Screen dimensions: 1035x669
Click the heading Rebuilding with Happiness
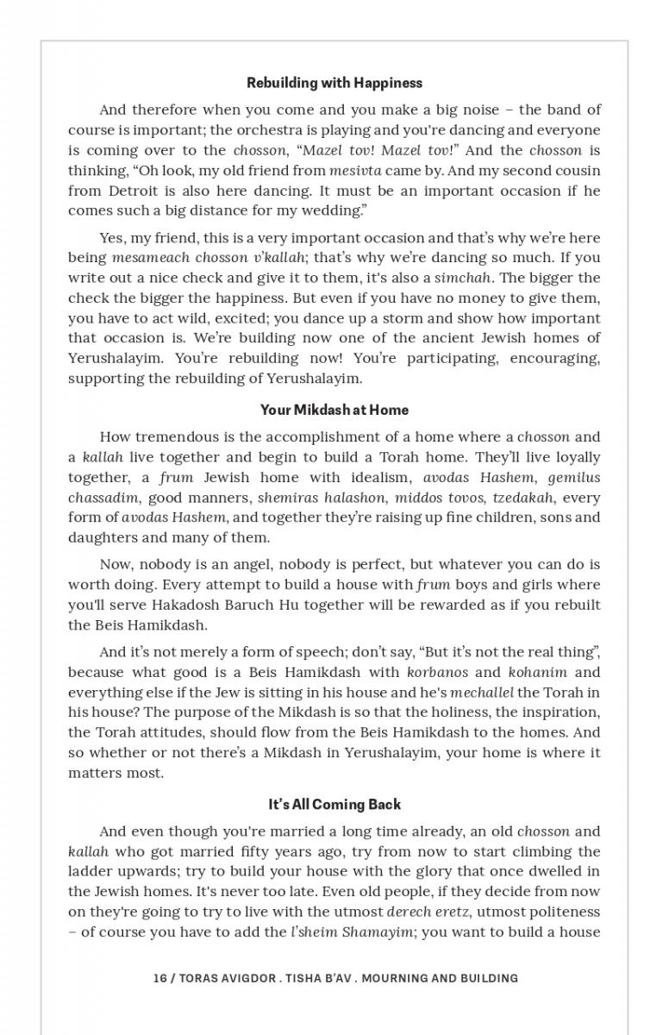click(334, 83)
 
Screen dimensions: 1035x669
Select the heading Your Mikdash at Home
click(334, 410)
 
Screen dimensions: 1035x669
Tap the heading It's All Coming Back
click(334, 804)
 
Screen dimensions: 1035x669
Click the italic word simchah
click(463, 278)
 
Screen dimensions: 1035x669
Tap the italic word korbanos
click(437, 672)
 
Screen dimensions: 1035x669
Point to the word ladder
click(92, 871)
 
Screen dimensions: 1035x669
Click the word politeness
click(560, 911)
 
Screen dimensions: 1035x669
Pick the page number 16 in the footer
click(159, 978)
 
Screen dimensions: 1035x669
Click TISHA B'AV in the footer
click(317, 978)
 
